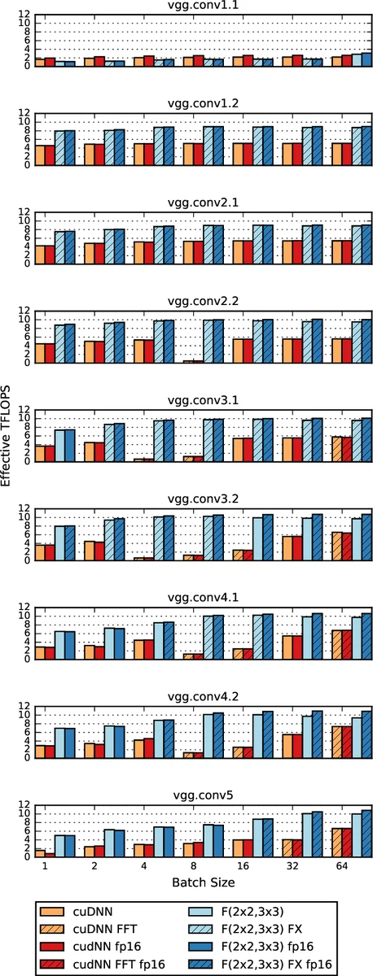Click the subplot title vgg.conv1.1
coord(201,7)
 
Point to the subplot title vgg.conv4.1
coord(201,598)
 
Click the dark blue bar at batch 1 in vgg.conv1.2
coord(69,147)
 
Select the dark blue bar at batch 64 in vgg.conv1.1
coord(366,59)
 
